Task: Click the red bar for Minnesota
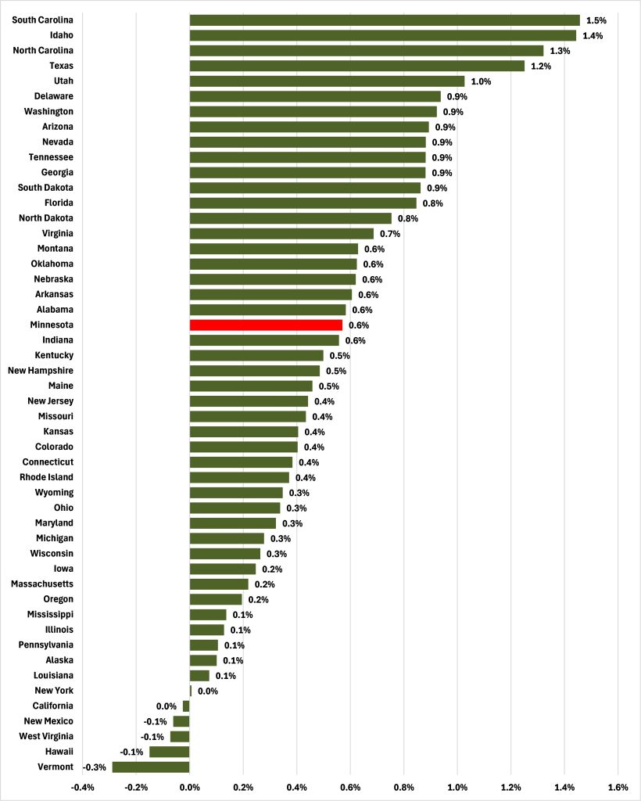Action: [266, 325]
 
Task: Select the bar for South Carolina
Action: [385, 20]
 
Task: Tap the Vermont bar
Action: [151, 767]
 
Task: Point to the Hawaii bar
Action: [170, 752]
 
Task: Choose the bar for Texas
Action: [356, 66]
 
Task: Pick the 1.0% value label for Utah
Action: [480, 81]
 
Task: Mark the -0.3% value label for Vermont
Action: [95, 767]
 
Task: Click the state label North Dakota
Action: [46, 218]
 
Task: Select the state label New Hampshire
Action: [41, 370]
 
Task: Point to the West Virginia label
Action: [46, 736]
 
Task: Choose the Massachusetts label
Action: [42, 584]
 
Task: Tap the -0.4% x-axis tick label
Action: [83, 787]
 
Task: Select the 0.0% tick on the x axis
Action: [190, 787]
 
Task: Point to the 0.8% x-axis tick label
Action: [404, 787]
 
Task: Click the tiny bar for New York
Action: [191, 691]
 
